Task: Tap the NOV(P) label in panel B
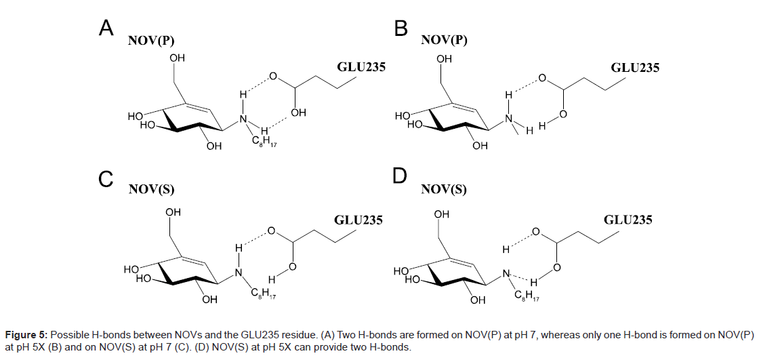445,40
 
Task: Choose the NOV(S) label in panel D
444,189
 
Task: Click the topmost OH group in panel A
177,60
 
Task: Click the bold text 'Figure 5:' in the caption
26,335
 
